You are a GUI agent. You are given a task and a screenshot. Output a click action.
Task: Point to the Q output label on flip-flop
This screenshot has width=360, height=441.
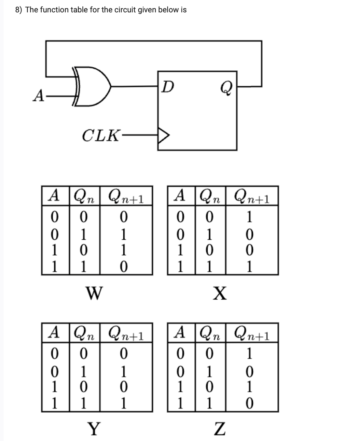(x=227, y=88)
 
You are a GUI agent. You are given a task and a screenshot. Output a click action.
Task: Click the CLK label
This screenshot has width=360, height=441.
(x=100, y=135)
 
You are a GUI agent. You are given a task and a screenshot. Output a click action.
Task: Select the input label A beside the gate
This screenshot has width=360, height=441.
(x=38, y=96)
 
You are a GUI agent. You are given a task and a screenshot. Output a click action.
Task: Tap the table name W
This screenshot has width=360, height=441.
(x=94, y=290)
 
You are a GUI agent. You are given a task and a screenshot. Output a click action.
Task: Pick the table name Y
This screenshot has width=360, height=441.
(x=94, y=428)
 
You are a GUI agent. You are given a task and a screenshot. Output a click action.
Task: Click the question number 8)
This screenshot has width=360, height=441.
(x=19, y=10)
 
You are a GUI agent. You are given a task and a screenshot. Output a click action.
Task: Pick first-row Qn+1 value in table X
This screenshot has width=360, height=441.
(x=249, y=216)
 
